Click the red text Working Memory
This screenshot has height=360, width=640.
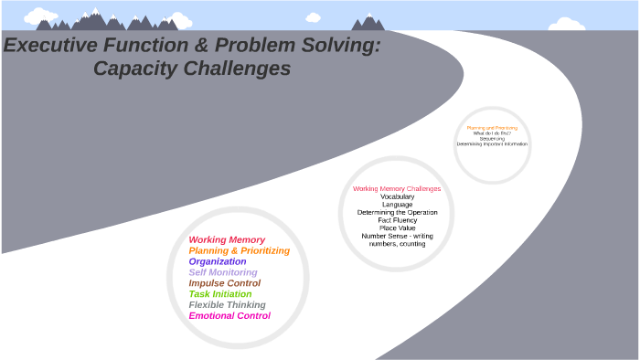(227, 239)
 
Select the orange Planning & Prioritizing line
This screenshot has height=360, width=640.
(239, 250)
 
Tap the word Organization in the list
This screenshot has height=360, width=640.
(218, 261)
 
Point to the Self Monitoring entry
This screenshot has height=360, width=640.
(223, 272)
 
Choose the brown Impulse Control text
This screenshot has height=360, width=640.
(224, 283)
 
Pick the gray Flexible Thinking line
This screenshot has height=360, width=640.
(227, 305)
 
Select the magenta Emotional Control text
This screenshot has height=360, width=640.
(229, 316)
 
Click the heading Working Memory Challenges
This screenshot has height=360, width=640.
(397, 189)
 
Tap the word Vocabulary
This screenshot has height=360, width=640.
(397, 196)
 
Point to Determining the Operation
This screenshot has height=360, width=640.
(397, 212)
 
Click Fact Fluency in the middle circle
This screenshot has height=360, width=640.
(397, 220)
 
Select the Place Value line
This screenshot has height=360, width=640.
(397, 228)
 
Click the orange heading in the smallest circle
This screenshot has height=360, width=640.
(492, 128)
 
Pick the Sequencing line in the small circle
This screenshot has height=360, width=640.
(492, 139)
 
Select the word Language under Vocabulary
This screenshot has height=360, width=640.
(397, 205)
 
